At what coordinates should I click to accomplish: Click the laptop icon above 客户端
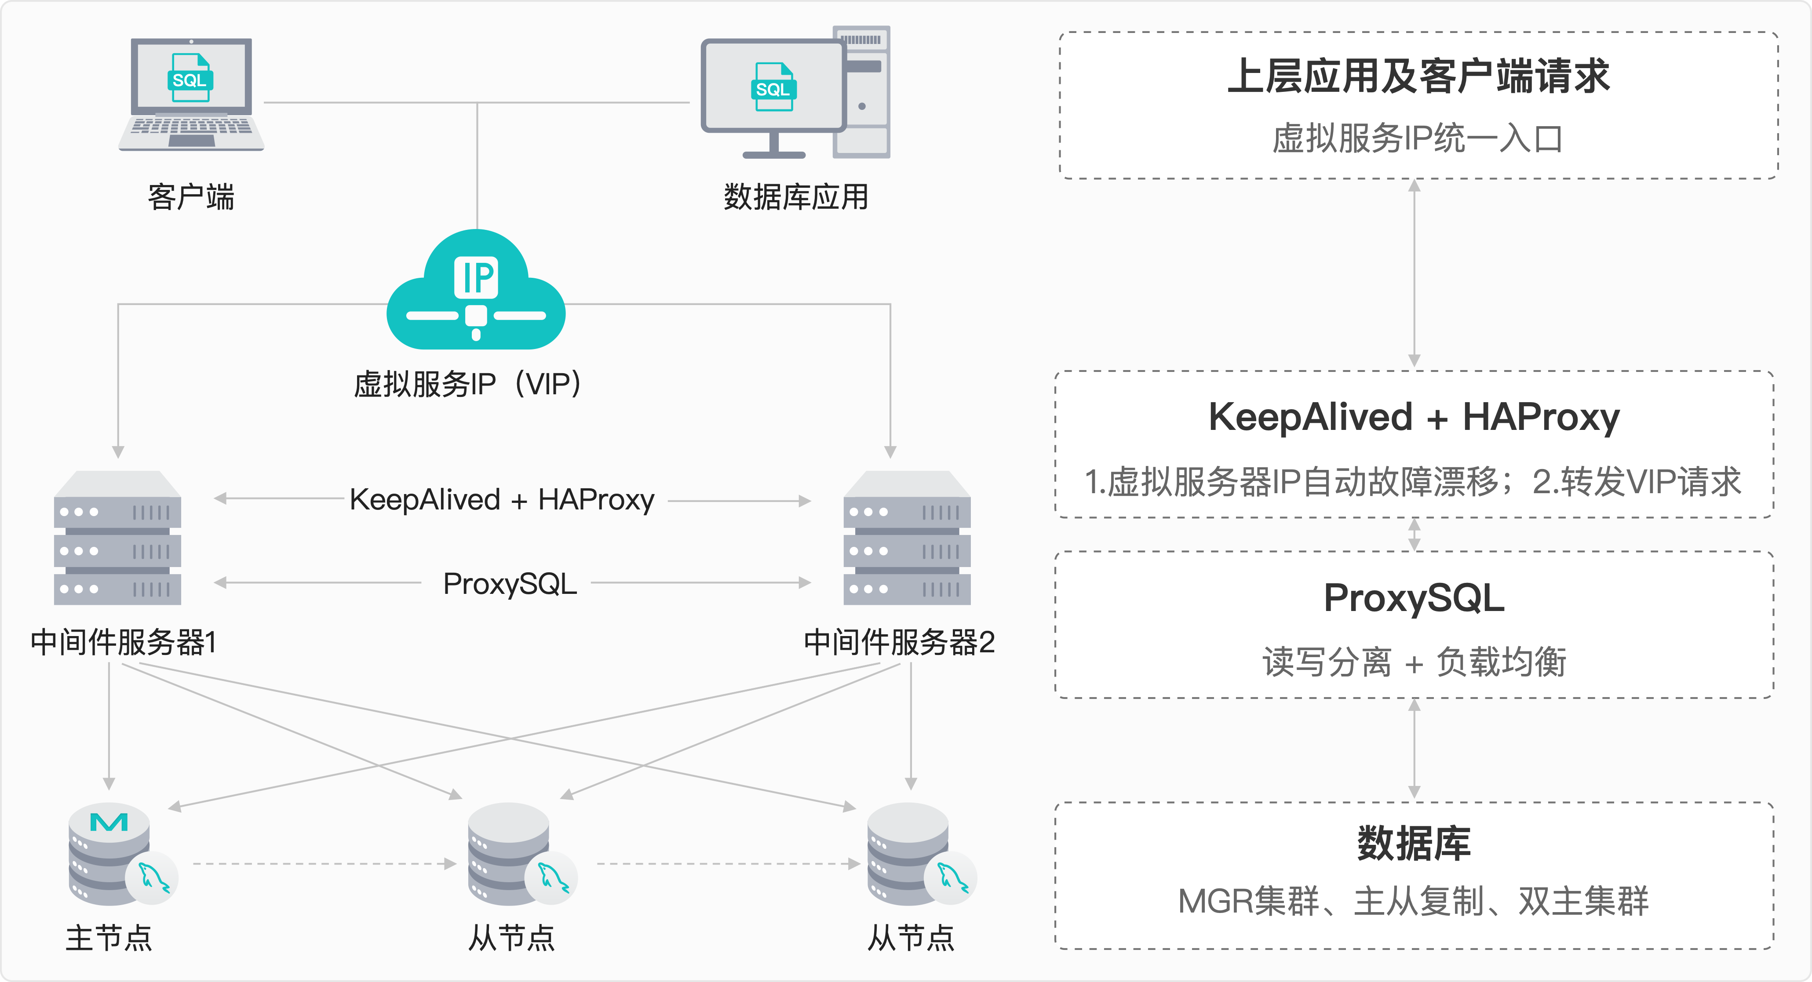coord(191,95)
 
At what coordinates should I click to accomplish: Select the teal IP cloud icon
coord(476,292)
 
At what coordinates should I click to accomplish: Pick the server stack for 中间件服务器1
coord(117,538)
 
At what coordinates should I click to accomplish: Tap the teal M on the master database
coord(109,822)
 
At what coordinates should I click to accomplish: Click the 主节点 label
coord(109,938)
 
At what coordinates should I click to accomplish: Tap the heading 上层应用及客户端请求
coord(1418,76)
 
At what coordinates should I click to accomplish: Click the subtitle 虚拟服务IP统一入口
coord(1418,138)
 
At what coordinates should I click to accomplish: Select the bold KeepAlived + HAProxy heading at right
coord(1414,417)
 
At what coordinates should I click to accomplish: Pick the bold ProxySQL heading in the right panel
coord(1414,598)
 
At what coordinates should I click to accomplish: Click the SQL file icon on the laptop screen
coord(190,78)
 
